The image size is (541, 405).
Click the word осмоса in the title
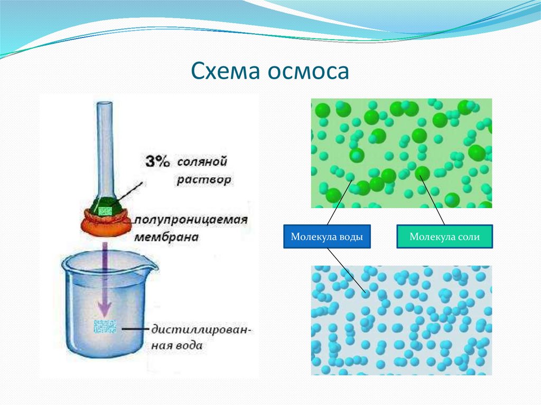[x=309, y=72]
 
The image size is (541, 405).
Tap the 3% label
[x=157, y=162]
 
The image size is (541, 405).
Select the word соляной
[x=202, y=162]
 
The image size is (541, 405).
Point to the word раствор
[x=204, y=180]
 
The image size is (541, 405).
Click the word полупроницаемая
[x=191, y=220]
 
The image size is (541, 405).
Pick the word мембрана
[x=166, y=237]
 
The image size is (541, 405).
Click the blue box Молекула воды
[x=327, y=237]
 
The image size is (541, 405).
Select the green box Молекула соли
[x=445, y=237]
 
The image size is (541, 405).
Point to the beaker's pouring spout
[x=151, y=266]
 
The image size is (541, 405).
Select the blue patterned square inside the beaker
[x=105, y=326]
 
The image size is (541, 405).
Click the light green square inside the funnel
[x=105, y=211]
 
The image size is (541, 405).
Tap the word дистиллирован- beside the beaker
[x=202, y=330]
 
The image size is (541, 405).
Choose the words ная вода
[x=176, y=345]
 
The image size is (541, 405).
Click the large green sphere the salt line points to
[x=422, y=173]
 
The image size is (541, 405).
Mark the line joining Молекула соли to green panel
[x=432, y=201]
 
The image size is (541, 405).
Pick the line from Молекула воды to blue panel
[x=346, y=270]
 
